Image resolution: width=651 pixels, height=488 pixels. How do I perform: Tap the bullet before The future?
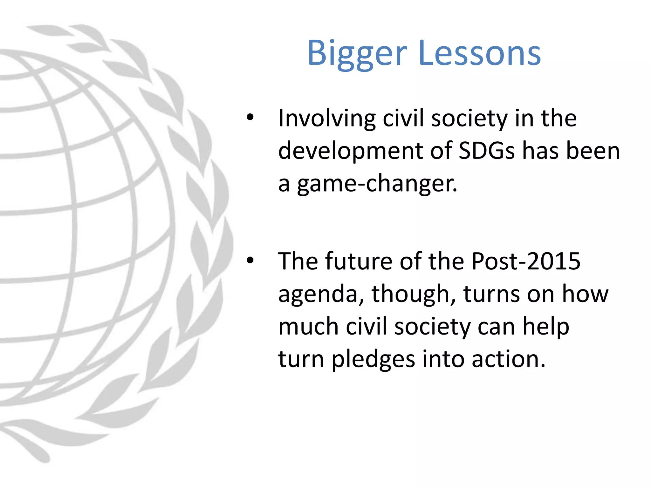coord(250,260)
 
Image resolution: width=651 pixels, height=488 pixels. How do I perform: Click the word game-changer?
coord(377,184)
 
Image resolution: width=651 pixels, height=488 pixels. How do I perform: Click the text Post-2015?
coord(526,261)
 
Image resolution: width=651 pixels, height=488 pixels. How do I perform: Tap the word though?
coord(414,294)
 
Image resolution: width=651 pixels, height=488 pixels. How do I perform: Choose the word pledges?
coord(373,359)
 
